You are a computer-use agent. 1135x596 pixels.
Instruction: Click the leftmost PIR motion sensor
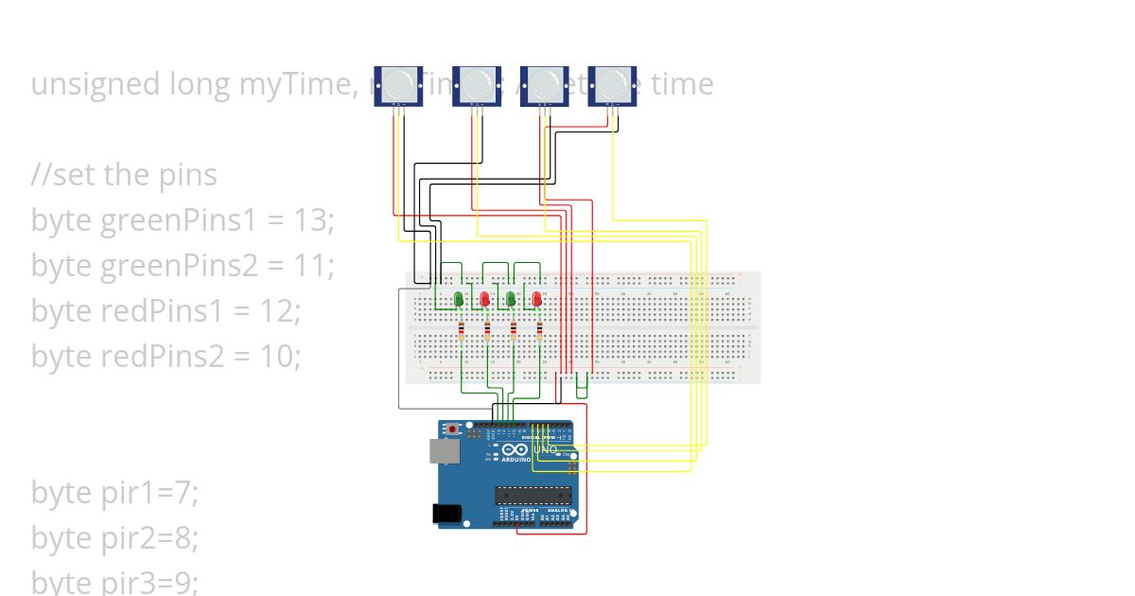pos(398,85)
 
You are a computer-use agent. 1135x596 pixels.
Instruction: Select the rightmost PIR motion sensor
pos(612,85)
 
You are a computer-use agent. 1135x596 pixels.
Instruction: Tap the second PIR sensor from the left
pos(476,85)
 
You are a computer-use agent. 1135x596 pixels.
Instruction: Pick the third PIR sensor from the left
pos(544,85)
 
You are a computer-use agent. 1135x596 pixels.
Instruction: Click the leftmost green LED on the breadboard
pos(459,300)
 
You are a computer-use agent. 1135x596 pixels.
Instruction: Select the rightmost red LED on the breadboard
pos(537,300)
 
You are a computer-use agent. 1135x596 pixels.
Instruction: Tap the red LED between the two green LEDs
pos(485,300)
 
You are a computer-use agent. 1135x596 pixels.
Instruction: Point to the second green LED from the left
pos(512,300)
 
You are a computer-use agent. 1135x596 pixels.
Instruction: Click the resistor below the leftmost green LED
pos(461,331)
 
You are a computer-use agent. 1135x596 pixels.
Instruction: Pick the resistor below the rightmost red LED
pos(539,331)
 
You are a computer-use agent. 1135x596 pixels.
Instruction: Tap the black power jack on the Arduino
pos(445,513)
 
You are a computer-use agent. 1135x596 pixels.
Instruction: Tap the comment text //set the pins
pos(124,175)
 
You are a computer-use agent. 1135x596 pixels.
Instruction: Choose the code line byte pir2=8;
pos(114,538)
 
